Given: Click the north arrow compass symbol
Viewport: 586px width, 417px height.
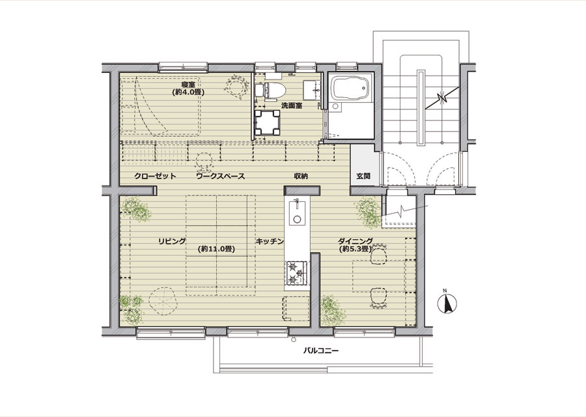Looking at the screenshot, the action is pyautogui.click(x=447, y=303).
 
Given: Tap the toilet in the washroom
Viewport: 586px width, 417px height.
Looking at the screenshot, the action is pyautogui.click(x=270, y=91).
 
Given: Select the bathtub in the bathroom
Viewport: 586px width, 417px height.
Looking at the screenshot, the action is pyautogui.click(x=351, y=89).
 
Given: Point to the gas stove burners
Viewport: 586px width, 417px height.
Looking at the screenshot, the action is pyautogui.click(x=296, y=274).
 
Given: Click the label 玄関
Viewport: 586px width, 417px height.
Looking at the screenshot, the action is pyautogui.click(x=363, y=176).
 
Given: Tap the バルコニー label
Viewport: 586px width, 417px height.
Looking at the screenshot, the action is pyautogui.click(x=320, y=351).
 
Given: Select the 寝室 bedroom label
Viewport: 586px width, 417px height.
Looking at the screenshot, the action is pyautogui.click(x=188, y=84).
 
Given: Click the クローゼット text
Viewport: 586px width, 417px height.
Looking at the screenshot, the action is pyautogui.click(x=155, y=176).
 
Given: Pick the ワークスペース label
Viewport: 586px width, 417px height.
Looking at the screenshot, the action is pyautogui.click(x=221, y=176).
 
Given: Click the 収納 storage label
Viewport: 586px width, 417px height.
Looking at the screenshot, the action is pyautogui.click(x=300, y=176).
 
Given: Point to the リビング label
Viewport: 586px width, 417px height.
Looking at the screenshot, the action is pyautogui.click(x=172, y=241).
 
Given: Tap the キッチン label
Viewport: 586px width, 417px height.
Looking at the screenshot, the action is pyautogui.click(x=270, y=241).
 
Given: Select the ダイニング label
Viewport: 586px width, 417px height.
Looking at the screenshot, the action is pyautogui.click(x=356, y=241).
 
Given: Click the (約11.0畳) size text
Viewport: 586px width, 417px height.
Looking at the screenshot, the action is pyautogui.click(x=217, y=249).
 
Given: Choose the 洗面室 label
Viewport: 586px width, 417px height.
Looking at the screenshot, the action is pyautogui.click(x=292, y=106).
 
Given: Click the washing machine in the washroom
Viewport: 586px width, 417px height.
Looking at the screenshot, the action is pyautogui.click(x=266, y=122).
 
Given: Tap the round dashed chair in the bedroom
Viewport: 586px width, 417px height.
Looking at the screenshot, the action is pyautogui.click(x=236, y=86).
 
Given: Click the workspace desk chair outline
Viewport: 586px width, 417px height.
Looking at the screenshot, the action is pyautogui.click(x=204, y=161).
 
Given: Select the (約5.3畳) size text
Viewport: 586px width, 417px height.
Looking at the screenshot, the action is pyautogui.click(x=355, y=248).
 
